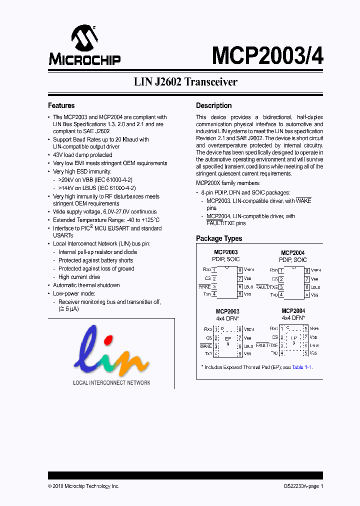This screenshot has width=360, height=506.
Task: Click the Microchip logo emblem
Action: [x=84, y=38]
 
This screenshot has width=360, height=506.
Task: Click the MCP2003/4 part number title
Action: [x=267, y=55]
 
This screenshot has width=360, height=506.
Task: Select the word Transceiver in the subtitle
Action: [x=211, y=82]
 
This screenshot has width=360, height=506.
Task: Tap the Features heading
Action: [x=61, y=105]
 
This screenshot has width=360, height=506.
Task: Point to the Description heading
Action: [x=213, y=105]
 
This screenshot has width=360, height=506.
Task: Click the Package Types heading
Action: [x=218, y=238]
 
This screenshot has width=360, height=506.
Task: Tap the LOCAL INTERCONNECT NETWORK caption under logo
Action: [x=111, y=383]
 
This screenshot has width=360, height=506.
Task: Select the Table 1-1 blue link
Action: [x=301, y=367]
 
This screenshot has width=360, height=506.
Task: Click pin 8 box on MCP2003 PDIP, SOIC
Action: [x=240, y=270]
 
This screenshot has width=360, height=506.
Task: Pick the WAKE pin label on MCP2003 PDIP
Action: [x=204, y=286]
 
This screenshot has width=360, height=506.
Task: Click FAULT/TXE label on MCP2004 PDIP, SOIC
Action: [x=266, y=287]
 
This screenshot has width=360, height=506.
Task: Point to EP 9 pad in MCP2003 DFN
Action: [x=227, y=341]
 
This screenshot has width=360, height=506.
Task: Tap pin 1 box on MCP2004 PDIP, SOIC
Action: [x=282, y=270]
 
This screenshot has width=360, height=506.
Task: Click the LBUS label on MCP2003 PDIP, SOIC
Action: [x=248, y=287]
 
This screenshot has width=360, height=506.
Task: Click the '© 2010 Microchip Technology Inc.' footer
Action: [x=83, y=486]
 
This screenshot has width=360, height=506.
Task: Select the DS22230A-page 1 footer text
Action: [x=300, y=486]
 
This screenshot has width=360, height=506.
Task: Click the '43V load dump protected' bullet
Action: [x=82, y=155]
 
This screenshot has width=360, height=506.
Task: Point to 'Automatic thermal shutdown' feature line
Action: [x=86, y=285]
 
